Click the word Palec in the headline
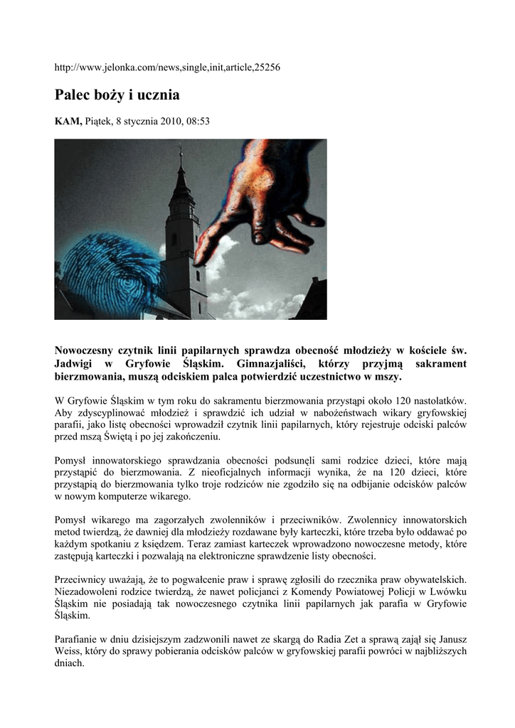tap(75, 95)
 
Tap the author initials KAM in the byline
tap(68, 122)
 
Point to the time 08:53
tap(198, 122)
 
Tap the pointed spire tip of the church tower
tap(181, 152)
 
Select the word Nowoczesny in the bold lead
tap(87, 350)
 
